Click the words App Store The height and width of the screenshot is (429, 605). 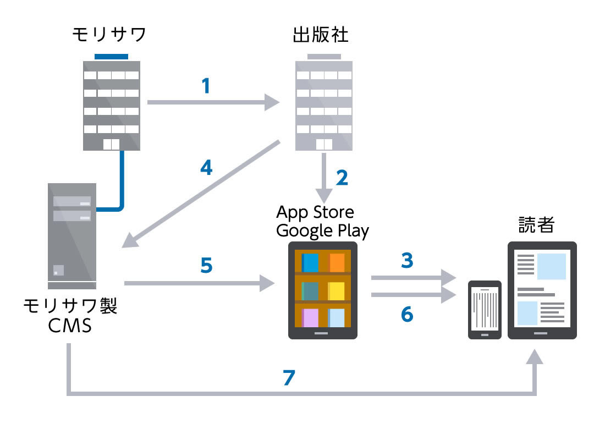point(315,212)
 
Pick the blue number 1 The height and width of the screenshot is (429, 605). point(206,86)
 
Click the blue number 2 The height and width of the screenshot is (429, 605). point(342,177)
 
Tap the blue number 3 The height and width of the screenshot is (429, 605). point(407,260)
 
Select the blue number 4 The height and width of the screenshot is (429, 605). point(206,168)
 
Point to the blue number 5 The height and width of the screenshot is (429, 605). point(206,265)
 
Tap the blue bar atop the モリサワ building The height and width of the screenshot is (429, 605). point(111,56)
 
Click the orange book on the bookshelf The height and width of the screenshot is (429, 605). point(337,262)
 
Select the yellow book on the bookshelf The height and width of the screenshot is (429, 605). point(337,291)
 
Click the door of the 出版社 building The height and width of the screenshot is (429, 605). point(324,144)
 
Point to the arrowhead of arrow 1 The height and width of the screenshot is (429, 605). point(272,102)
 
